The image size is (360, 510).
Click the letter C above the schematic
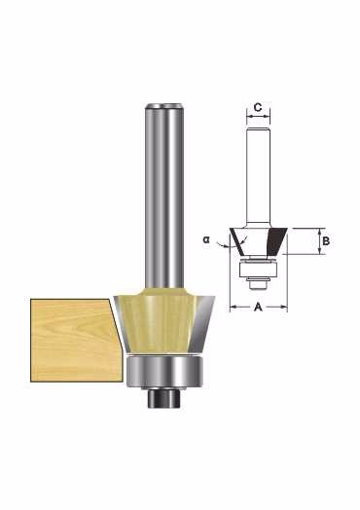tap(258, 107)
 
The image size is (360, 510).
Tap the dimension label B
tap(326, 241)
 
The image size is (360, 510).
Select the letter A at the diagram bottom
tap(258, 307)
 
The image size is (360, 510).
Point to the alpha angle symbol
tap(206, 239)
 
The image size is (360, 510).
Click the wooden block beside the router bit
tap(77, 340)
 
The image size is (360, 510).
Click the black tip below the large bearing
tap(164, 398)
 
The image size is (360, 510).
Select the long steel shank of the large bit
tap(163, 196)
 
